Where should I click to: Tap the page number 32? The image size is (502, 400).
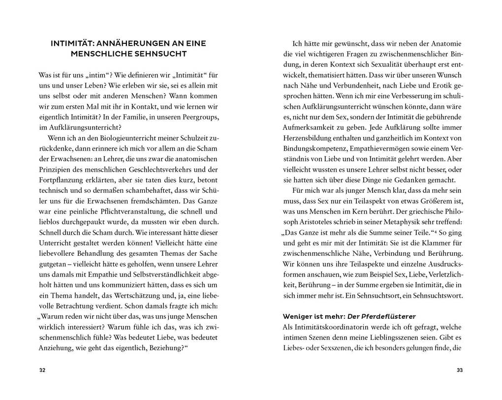click(42, 370)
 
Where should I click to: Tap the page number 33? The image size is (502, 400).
click(460, 370)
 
